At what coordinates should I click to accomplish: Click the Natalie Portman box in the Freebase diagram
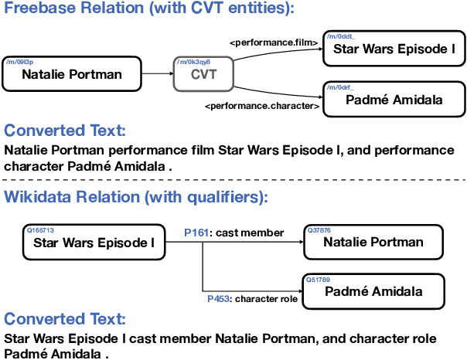pyautogui.click(x=72, y=74)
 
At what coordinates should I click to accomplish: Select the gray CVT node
pyautogui.click(x=203, y=75)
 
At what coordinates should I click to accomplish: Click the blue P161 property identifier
pyautogui.click(x=196, y=233)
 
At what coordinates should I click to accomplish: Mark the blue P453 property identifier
pyautogui.click(x=219, y=298)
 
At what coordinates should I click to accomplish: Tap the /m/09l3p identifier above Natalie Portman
pyautogui.click(x=19, y=61)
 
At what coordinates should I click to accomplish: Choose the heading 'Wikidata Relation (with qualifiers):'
pyautogui.click(x=136, y=197)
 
